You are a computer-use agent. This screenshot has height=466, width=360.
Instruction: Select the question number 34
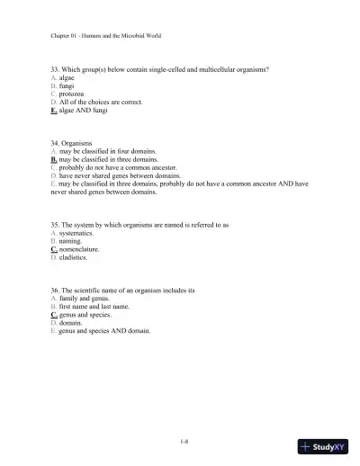(x=55, y=143)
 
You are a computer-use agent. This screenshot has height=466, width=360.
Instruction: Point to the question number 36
(x=55, y=291)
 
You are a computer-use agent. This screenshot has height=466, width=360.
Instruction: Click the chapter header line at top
(x=106, y=35)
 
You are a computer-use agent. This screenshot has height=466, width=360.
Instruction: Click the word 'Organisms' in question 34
(x=79, y=143)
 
